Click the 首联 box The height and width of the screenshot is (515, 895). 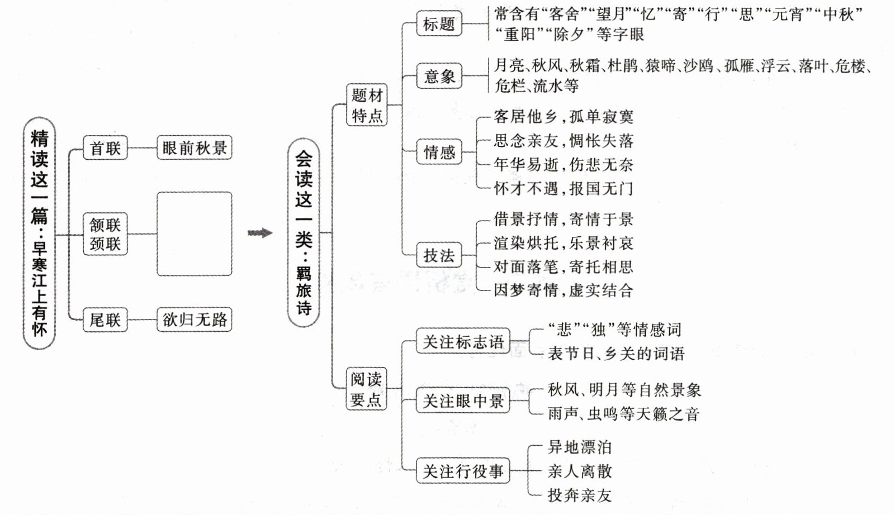click(105, 148)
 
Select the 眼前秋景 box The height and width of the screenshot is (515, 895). click(194, 148)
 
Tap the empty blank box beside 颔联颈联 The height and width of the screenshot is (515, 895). click(194, 234)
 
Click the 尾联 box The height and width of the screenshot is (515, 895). click(105, 320)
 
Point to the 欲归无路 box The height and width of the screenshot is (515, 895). click(194, 320)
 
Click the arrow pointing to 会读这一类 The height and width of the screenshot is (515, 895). click(260, 233)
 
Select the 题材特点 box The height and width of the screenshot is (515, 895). click(367, 105)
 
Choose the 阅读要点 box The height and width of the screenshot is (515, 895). click(367, 389)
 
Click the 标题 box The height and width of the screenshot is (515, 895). click(439, 25)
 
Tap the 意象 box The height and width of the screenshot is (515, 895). click(439, 76)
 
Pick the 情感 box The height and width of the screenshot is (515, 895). click(439, 152)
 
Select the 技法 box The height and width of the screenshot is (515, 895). click(439, 255)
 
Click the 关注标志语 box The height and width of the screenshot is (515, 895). click(463, 341)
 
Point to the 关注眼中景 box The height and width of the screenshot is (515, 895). click(463, 401)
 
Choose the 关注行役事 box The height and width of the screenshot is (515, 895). click(463, 471)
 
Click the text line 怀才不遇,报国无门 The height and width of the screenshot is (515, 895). click(563, 189)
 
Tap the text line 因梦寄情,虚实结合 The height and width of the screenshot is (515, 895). click(563, 290)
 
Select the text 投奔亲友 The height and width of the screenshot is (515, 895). click(580, 495)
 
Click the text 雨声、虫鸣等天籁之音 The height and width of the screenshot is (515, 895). click(623, 414)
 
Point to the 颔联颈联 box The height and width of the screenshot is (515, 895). click(105, 234)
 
